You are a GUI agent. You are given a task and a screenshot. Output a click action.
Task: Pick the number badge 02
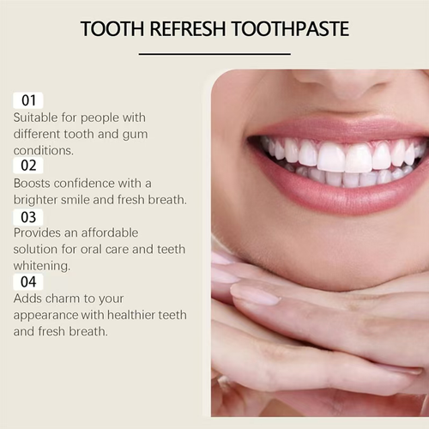click(x=27, y=166)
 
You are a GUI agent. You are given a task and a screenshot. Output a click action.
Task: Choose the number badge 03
click(x=27, y=216)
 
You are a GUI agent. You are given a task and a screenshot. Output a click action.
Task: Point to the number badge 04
click(x=27, y=281)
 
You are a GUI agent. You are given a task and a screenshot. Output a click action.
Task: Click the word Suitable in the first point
click(x=38, y=117)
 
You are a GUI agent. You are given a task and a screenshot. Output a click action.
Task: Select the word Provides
click(x=39, y=233)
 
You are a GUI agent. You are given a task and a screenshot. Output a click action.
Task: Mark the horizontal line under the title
click(x=214, y=54)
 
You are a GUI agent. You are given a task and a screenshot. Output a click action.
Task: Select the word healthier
click(x=135, y=314)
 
